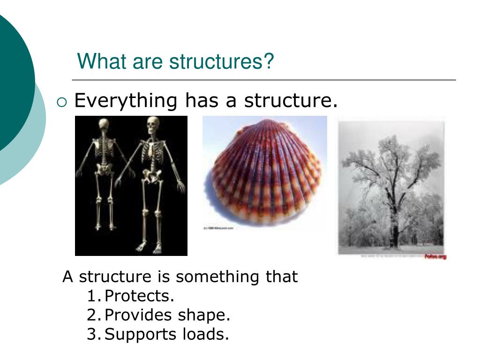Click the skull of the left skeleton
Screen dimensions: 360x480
coord(104,125)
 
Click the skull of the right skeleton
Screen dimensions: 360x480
coord(153,123)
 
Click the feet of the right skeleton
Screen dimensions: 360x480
coord(149,247)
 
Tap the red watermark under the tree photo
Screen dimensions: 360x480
coord(435,256)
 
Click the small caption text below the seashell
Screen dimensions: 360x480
coord(218,228)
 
